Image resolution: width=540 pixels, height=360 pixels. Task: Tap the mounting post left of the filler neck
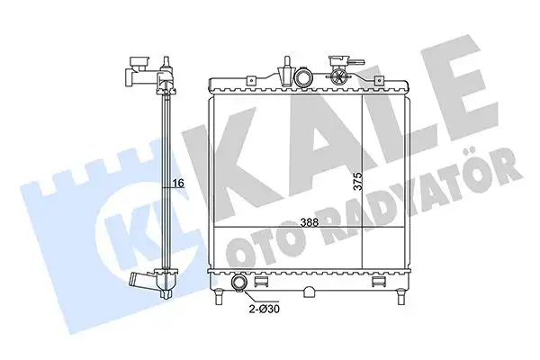point(285,70)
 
